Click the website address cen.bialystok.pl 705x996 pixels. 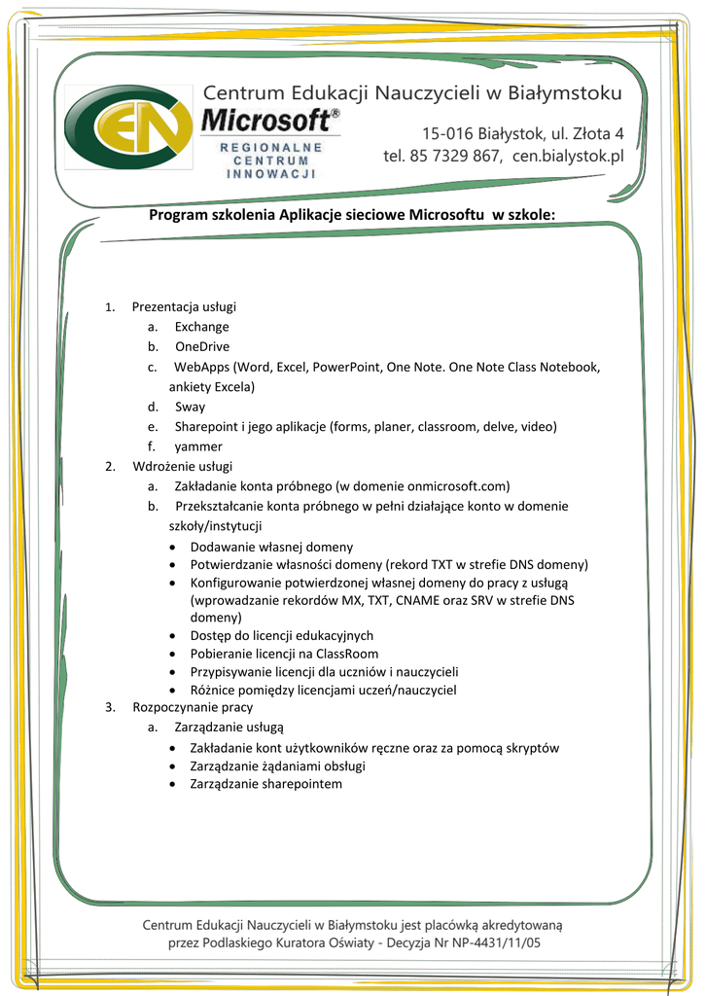[568, 156]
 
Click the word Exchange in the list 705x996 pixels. [202, 327]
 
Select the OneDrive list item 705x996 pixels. [202, 346]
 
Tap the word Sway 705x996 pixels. [190, 407]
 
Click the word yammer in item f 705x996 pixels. [198, 446]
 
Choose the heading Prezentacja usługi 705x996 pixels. [184, 306]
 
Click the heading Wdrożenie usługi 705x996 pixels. [182, 466]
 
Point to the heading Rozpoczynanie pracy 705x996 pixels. [193, 707]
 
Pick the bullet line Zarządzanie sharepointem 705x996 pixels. [265, 784]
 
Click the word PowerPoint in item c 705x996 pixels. [346, 367]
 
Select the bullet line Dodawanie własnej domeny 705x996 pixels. [271, 547]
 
